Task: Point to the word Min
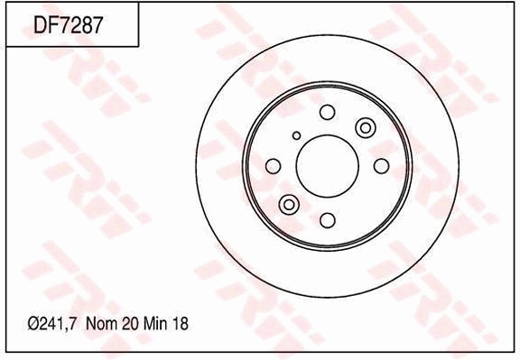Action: click(x=153, y=323)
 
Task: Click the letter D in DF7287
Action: click(x=39, y=26)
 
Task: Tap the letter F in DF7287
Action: click(x=52, y=26)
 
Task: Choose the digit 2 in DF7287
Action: click(x=78, y=26)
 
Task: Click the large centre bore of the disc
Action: click(x=327, y=165)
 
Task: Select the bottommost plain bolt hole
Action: click(x=327, y=220)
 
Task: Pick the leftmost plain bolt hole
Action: click(x=273, y=165)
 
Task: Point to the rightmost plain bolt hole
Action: click(x=381, y=165)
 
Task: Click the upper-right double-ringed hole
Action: click(x=365, y=127)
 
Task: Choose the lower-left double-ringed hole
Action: click(x=289, y=204)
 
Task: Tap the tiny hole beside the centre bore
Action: click(x=296, y=135)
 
